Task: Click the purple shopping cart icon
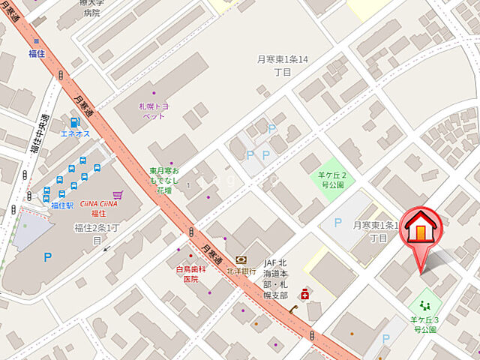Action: point(117,194)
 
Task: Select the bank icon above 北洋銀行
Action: point(241,259)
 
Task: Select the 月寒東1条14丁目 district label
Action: point(282,64)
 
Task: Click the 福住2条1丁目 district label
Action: point(97,233)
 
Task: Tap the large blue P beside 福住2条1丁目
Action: point(47,256)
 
